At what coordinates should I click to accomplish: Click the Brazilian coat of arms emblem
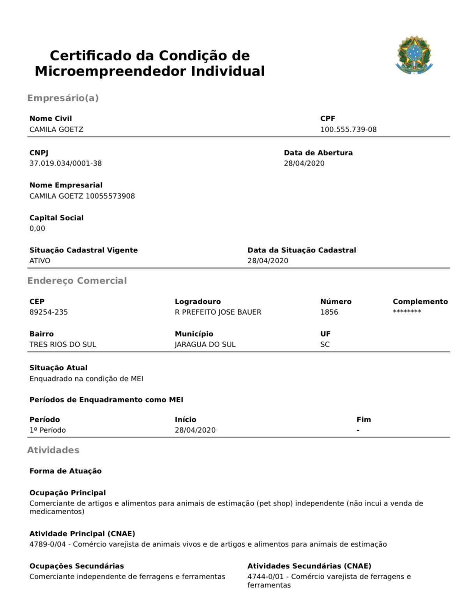click(x=414, y=55)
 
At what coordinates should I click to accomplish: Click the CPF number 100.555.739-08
click(x=348, y=129)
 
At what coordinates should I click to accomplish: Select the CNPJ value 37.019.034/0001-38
click(x=65, y=163)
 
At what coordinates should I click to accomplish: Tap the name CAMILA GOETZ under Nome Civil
click(x=56, y=129)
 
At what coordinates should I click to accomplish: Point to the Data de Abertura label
click(x=318, y=153)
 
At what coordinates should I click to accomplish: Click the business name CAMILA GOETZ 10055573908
click(x=82, y=196)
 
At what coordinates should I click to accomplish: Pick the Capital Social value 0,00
click(x=37, y=228)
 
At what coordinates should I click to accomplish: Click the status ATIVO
click(x=40, y=261)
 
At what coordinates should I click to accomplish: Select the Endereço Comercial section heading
click(x=77, y=280)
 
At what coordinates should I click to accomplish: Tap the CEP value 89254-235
click(x=48, y=312)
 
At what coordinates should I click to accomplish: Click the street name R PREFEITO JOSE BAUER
click(x=218, y=312)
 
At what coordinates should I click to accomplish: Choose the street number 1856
click(x=329, y=312)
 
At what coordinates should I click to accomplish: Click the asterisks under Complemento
click(x=407, y=311)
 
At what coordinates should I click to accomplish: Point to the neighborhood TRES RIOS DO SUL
click(x=62, y=344)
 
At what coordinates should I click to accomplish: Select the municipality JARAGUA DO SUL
click(x=205, y=344)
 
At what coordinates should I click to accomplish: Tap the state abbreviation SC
click(x=325, y=344)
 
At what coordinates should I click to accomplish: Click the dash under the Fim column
click(x=358, y=430)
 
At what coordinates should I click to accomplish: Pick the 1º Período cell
click(x=48, y=430)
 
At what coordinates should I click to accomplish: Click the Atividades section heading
click(x=53, y=450)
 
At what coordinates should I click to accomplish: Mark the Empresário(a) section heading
click(x=63, y=98)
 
